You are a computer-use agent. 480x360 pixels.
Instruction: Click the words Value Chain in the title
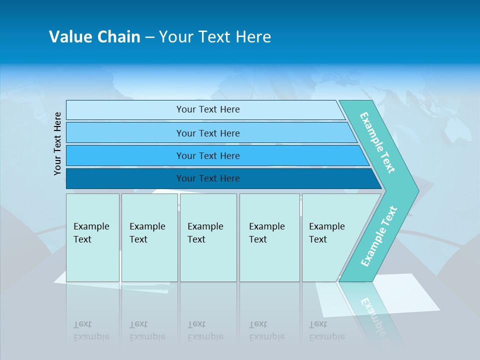pyautogui.click(x=94, y=37)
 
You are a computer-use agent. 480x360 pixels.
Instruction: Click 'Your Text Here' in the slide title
pyautogui.click(x=215, y=37)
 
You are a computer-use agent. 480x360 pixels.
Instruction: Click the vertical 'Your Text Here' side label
pyautogui.click(x=58, y=143)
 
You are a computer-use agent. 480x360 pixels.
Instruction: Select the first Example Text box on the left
pyautogui.click(x=92, y=237)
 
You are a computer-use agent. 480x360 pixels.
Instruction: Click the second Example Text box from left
pyautogui.click(x=149, y=237)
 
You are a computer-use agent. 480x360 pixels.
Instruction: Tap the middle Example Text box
pyautogui.click(x=208, y=237)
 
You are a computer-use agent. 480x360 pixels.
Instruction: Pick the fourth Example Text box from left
pyautogui.click(x=269, y=237)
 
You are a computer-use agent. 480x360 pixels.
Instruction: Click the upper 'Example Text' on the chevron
pyautogui.click(x=377, y=142)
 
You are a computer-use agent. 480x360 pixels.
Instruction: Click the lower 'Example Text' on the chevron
pyautogui.click(x=378, y=236)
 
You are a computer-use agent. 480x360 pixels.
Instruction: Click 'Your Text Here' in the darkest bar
pyautogui.click(x=208, y=178)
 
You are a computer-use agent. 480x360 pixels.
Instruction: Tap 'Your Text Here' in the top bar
pyautogui.click(x=208, y=109)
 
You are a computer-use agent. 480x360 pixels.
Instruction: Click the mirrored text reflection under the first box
pyautogui.click(x=91, y=330)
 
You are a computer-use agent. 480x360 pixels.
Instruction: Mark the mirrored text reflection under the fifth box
pyautogui.click(x=326, y=330)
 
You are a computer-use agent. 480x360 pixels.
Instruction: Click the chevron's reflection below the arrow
pyautogui.click(x=372, y=312)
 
